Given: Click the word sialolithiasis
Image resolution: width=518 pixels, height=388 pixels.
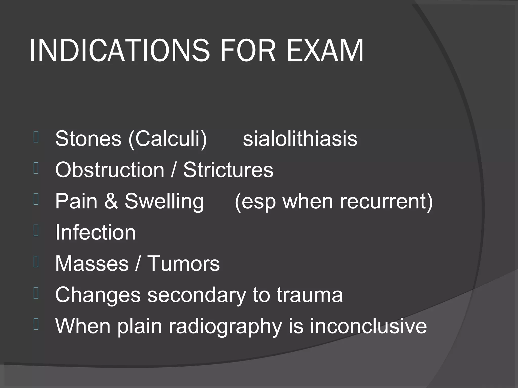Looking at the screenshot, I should click(x=300, y=139).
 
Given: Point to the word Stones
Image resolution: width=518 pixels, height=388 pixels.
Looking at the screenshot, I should click(x=88, y=139).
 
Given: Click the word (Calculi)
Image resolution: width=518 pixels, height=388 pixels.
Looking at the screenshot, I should click(x=168, y=139).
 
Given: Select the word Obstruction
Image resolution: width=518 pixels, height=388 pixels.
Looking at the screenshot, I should click(x=110, y=170).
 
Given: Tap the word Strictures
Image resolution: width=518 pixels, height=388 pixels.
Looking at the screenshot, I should click(x=228, y=170).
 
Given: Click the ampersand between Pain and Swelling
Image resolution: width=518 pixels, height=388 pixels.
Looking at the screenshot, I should click(x=111, y=201).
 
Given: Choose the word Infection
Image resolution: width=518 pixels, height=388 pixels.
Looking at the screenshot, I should click(x=95, y=232).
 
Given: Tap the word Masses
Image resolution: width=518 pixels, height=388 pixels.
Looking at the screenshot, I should click(x=92, y=263).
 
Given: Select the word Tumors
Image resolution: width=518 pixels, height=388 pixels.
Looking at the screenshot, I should click(x=183, y=263).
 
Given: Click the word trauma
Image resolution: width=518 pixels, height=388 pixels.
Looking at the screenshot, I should click(x=310, y=295).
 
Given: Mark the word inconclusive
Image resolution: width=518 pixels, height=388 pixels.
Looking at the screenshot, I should click(x=369, y=326).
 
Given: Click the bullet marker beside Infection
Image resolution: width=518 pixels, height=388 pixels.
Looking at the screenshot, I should click(x=36, y=231).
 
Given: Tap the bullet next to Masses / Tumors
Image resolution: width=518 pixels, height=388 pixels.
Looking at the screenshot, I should click(x=36, y=262).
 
